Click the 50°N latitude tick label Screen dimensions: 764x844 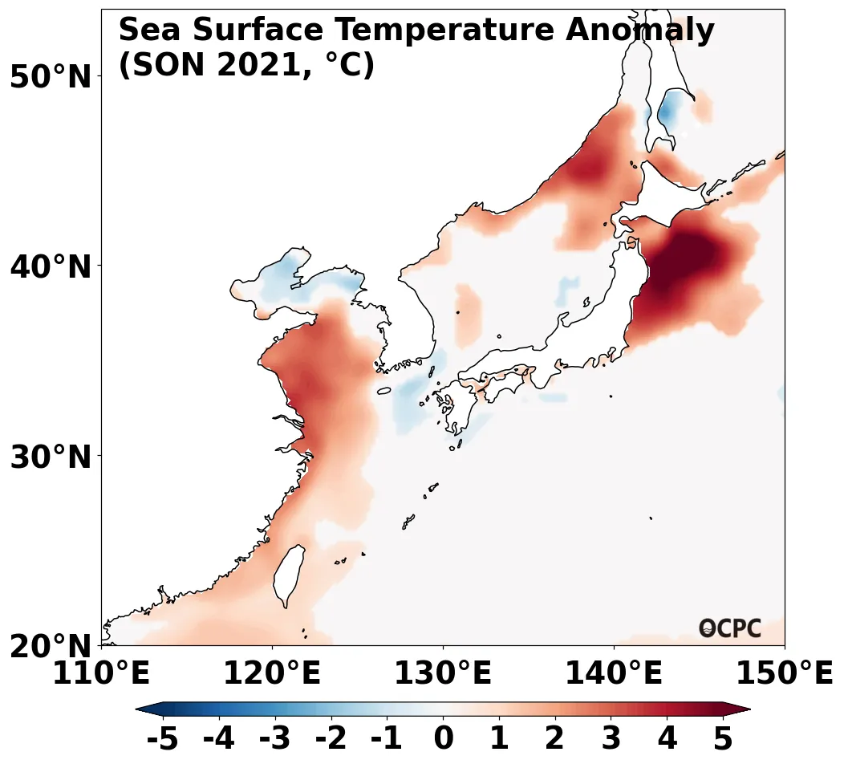50,78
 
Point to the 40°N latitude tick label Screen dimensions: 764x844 50,267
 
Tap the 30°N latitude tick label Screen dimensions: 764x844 50,457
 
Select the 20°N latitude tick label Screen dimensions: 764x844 50,647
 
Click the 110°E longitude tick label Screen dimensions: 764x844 101,674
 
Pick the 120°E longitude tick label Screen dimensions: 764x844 272,674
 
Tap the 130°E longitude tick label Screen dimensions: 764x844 443,674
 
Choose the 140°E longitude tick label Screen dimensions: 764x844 614,674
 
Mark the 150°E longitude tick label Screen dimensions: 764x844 785,674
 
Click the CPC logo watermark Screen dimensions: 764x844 729,628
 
